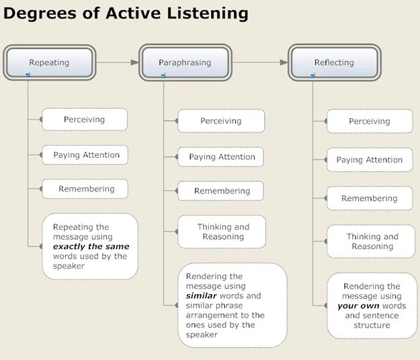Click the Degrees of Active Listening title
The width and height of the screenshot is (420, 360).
[x=126, y=13]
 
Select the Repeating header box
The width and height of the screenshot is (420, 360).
[x=48, y=62]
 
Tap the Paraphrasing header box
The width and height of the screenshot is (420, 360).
[x=185, y=62]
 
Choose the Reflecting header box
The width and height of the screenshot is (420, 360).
[x=334, y=62]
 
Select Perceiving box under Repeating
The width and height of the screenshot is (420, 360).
[x=84, y=120]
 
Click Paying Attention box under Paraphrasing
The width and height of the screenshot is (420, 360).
[x=221, y=157]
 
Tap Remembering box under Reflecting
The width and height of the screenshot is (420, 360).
[x=369, y=199]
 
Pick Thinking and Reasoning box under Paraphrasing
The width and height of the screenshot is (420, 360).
[x=222, y=232]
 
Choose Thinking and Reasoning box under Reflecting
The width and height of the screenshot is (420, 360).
[x=372, y=241]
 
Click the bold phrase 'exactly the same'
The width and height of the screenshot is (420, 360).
[x=91, y=246]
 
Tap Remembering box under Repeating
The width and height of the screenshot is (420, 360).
[x=86, y=189]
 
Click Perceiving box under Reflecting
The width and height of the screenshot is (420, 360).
[x=369, y=122]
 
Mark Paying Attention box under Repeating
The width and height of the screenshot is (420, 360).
[x=86, y=155]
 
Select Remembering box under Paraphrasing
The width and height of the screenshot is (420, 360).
[x=221, y=191]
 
